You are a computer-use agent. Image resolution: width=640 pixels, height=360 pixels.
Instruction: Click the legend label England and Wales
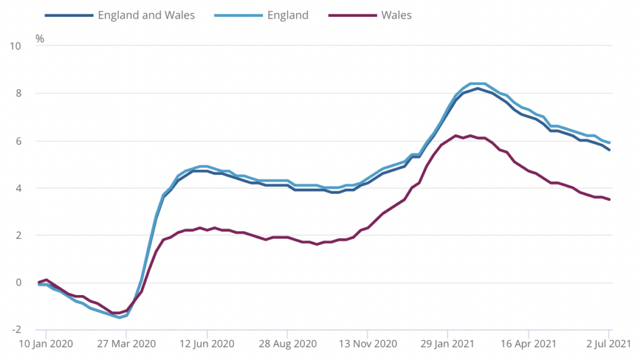pos(146,15)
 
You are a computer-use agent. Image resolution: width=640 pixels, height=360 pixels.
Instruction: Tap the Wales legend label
pos(396,15)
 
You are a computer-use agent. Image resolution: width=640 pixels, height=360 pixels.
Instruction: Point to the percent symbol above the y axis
pos(39,39)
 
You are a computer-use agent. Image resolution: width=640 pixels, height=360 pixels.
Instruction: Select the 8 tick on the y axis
pos(19,93)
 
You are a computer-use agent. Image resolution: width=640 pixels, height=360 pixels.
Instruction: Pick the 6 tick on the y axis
pos(19,141)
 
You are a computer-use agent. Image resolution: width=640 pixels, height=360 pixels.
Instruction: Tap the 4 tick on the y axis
pos(19,188)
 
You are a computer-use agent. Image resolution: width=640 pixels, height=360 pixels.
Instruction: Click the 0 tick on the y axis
pos(19,282)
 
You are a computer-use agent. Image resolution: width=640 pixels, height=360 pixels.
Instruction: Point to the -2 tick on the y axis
pos(16,329)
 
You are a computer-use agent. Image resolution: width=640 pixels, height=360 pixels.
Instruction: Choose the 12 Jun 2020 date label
pos(206,344)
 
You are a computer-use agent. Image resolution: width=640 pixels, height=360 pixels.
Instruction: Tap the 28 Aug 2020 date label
pos(286,344)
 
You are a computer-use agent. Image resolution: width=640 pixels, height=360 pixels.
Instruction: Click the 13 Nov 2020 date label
pos(367,344)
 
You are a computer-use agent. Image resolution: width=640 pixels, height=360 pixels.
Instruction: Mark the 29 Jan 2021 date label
pos(447,344)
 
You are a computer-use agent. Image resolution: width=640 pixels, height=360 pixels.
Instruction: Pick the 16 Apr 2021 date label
pos(528,344)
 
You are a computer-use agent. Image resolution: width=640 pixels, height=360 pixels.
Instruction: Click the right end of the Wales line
pos(609,199)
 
